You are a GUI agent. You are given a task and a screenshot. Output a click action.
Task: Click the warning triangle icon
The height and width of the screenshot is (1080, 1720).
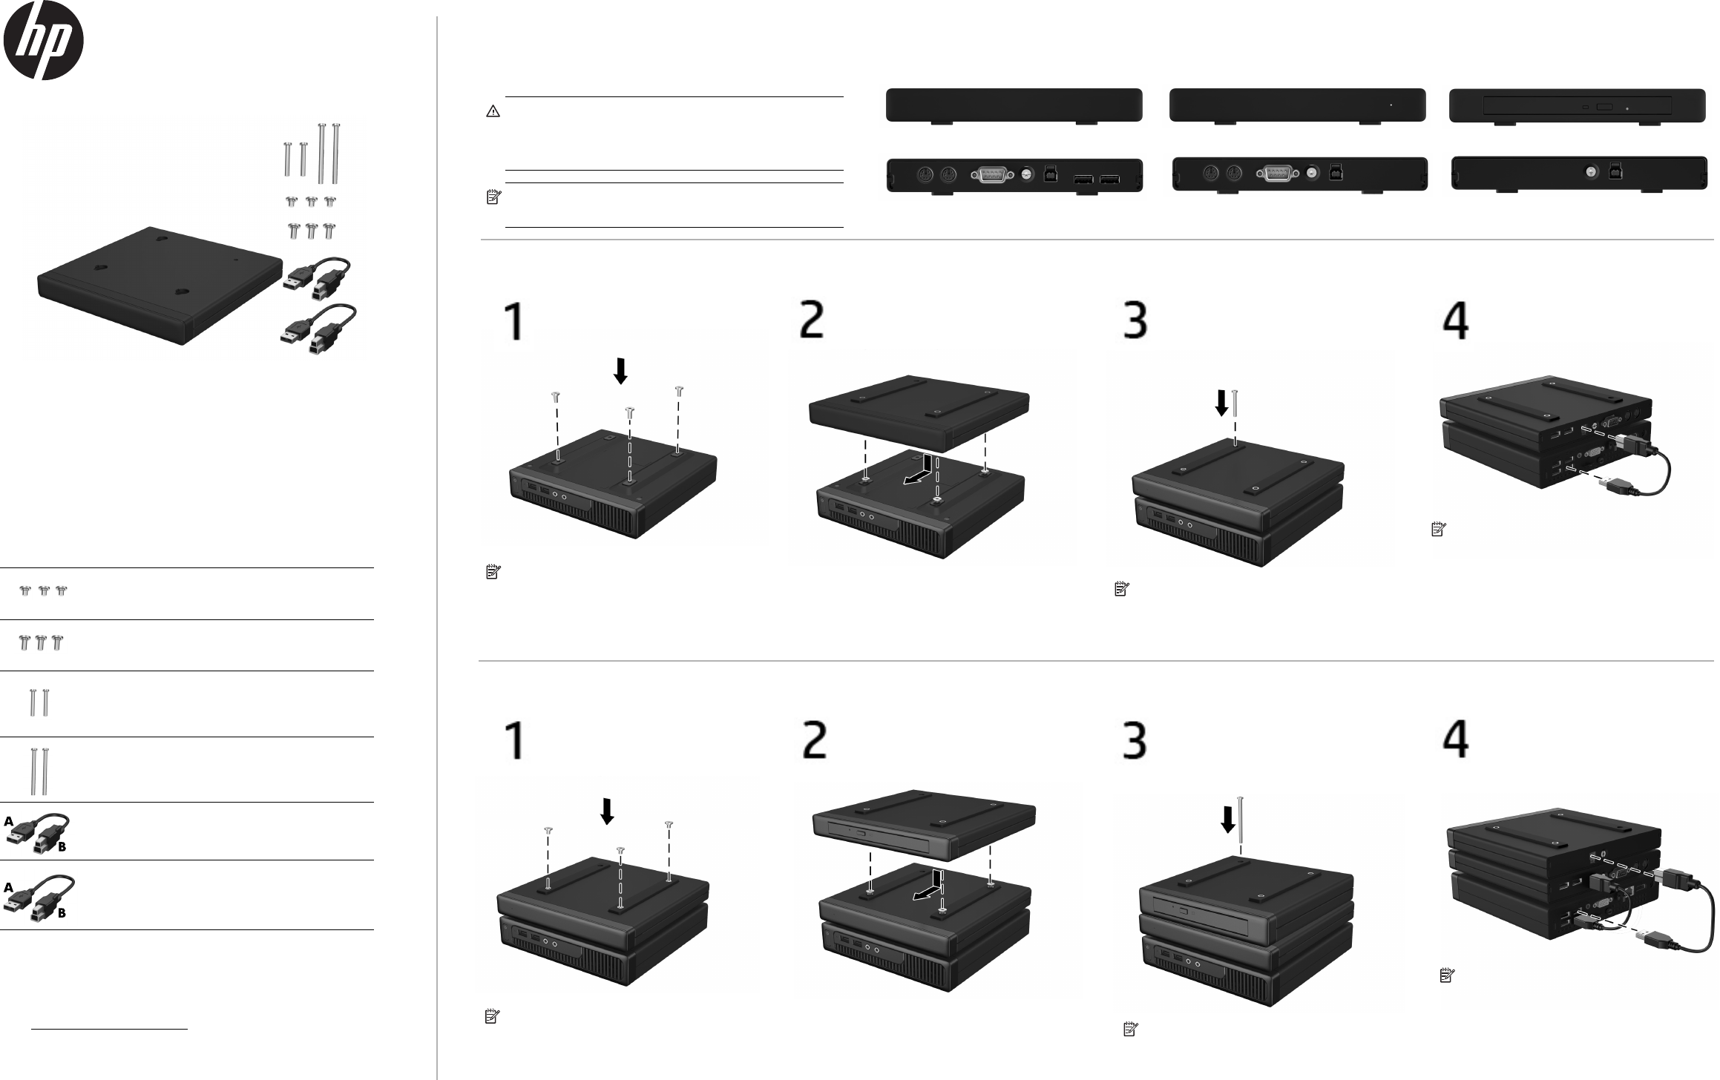click(493, 111)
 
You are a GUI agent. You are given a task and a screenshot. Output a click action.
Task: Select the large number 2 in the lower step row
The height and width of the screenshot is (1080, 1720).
click(815, 740)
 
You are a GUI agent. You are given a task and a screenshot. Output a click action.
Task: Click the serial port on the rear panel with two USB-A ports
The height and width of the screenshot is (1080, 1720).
click(991, 176)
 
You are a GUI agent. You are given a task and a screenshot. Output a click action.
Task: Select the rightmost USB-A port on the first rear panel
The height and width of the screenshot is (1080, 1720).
click(1109, 180)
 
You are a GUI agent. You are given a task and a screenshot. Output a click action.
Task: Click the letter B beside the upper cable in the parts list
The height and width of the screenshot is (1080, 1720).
click(62, 846)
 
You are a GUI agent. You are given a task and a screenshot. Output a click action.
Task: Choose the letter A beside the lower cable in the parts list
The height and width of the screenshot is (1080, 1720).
click(8, 887)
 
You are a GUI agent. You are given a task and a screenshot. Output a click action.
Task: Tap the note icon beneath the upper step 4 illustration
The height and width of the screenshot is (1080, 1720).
click(1437, 530)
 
